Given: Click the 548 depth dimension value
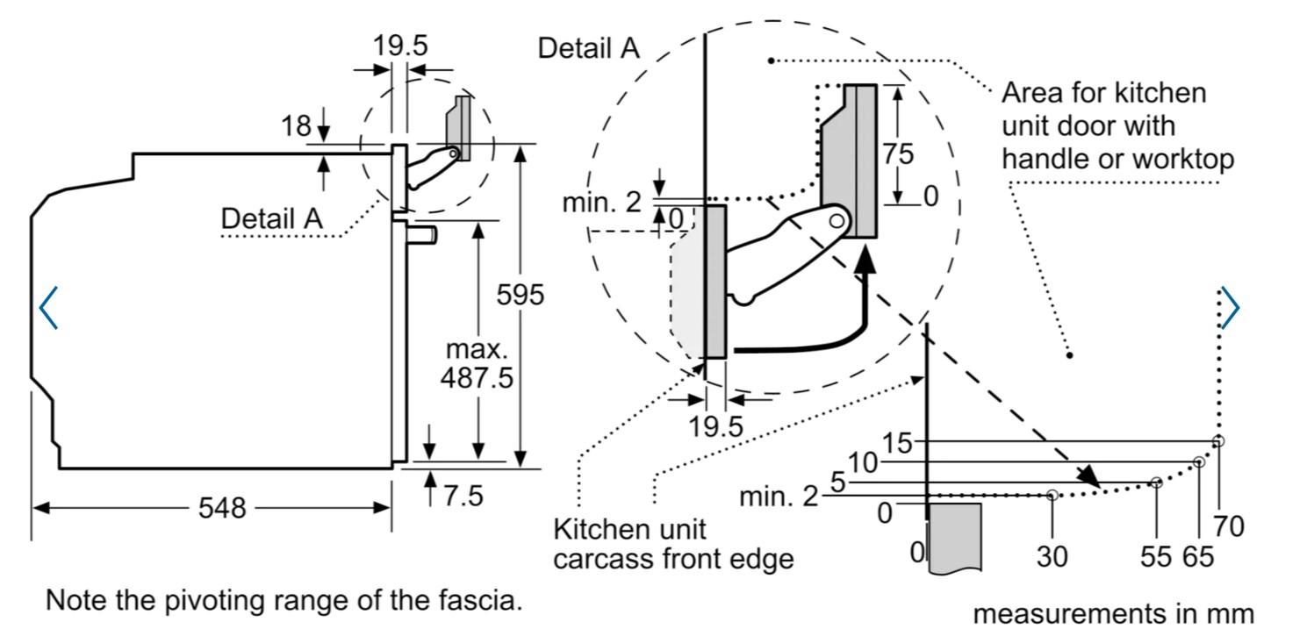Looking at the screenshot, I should tap(223, 507).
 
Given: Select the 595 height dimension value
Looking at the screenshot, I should tap(521, 296).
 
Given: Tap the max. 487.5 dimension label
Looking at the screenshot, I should tap(478, 365).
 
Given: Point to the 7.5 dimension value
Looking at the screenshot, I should tap(463, 496).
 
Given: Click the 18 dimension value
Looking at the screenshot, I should tap(296, 126).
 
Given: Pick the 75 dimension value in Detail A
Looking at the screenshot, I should tap(898, 154).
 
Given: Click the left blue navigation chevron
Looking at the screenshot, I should tap(48, 307).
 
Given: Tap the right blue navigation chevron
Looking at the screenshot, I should tap(1231, 307).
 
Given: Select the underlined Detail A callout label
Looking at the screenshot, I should tap(271, 218).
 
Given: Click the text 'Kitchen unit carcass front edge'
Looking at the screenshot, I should tap(673, 543).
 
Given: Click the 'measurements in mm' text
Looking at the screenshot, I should tap(1113, 613).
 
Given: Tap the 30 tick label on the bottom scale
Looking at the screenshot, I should tap(1052, 555).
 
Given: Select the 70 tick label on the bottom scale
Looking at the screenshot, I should tap(1229, 526).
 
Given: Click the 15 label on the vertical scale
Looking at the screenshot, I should tap(897, 443).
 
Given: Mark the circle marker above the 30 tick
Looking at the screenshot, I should tap(1052, 496).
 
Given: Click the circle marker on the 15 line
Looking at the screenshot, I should tap(1218, 440).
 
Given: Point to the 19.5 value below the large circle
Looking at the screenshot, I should tap(715, 427).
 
